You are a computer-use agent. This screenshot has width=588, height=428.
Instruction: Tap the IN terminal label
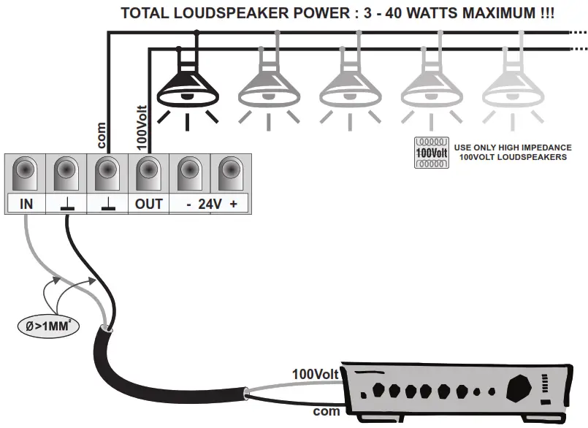[x=26, y=205]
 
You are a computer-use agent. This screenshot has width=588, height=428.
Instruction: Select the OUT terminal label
[x=149, y=205]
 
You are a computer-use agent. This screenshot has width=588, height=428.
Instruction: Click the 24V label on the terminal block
[x=210, y=205]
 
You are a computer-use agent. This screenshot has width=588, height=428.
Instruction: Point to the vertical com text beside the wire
[x=102, y=134]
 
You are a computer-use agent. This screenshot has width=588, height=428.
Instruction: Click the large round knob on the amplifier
[x=521, y=384]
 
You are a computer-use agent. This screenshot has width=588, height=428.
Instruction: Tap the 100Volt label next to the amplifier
[x=315, y=374]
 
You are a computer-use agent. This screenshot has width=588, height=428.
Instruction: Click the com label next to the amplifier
[x=326, y=412]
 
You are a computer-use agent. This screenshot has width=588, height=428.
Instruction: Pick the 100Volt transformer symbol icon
[x=431, y=152]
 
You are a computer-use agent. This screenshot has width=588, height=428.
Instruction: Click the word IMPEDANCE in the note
[x=543, y=147]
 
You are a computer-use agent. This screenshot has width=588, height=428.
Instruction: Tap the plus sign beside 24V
[x=234, y=205]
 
